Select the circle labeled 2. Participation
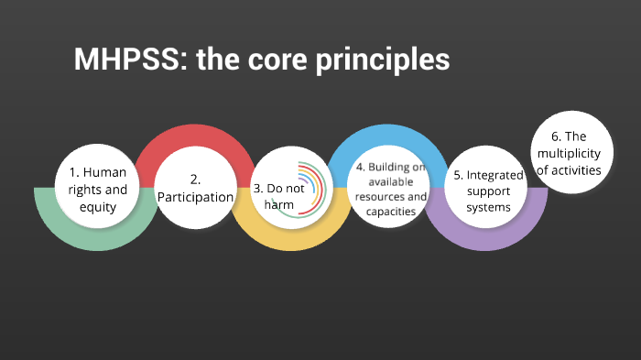pos(194,187)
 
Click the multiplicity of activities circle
pos(570,154)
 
